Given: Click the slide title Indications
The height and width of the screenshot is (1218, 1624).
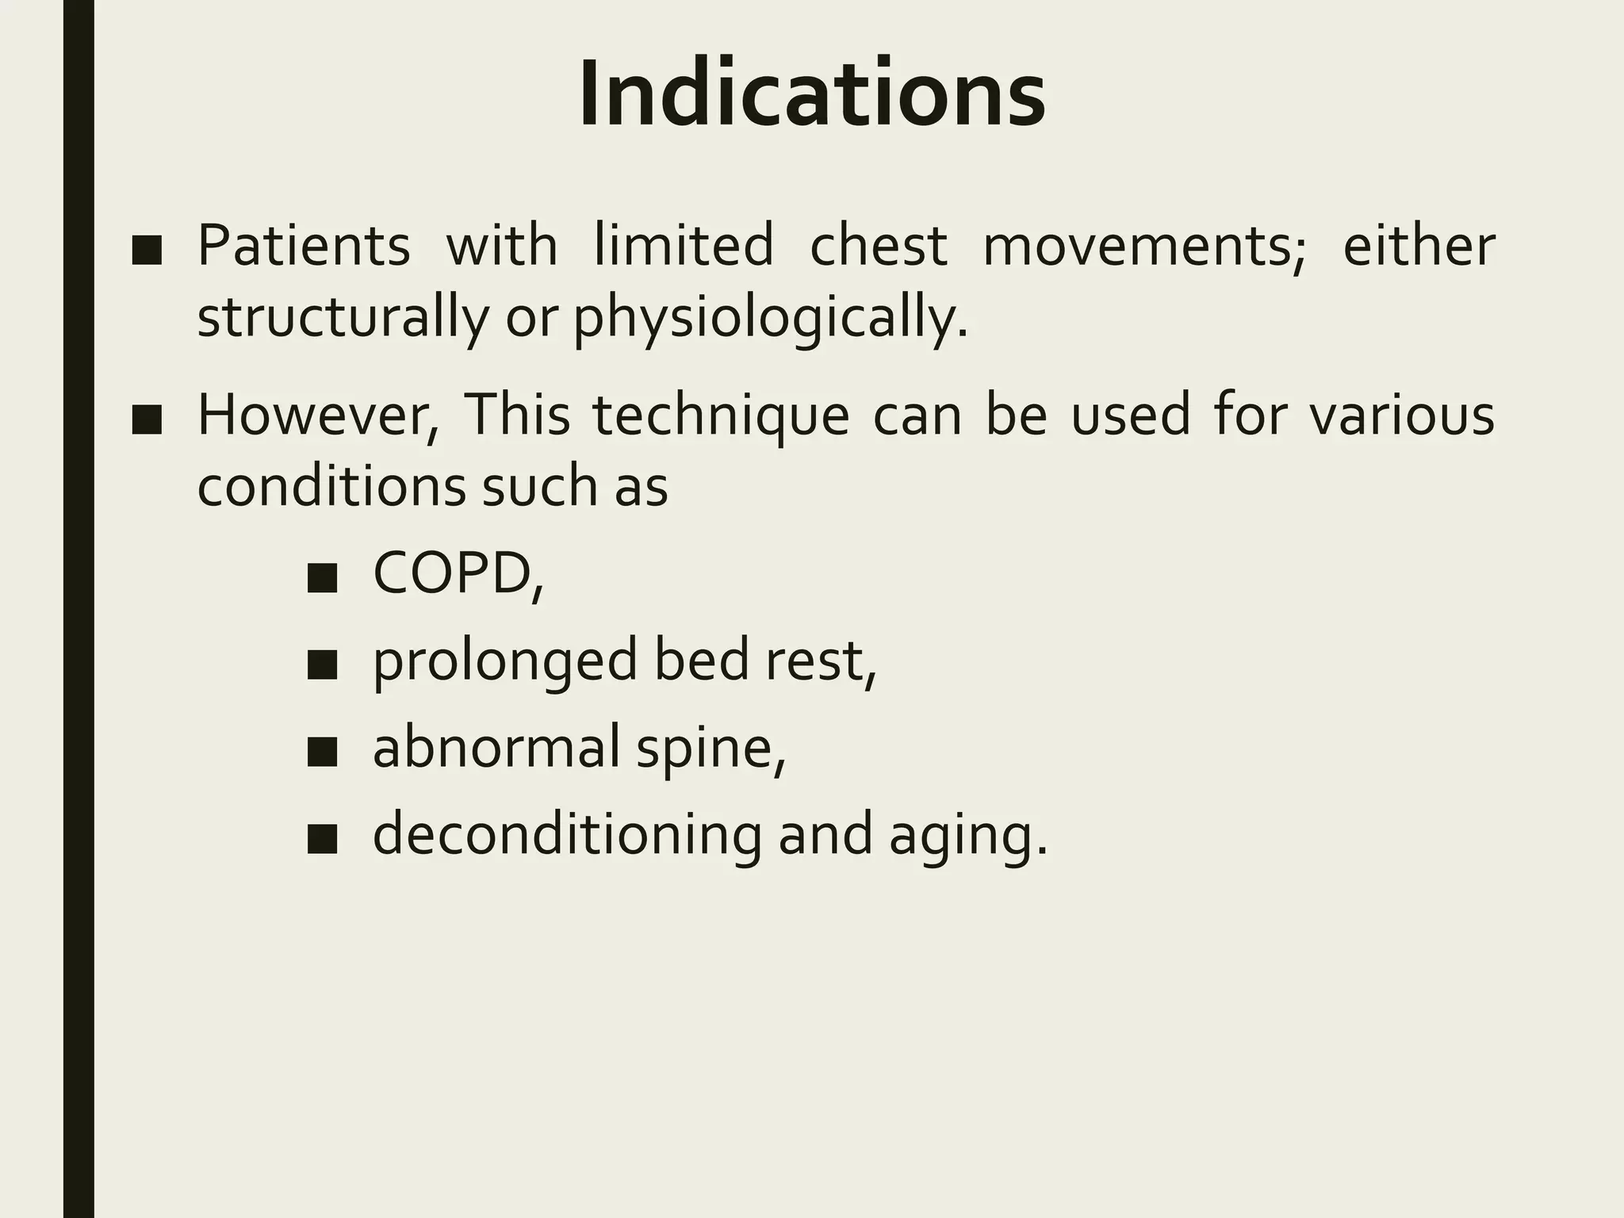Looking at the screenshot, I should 811,94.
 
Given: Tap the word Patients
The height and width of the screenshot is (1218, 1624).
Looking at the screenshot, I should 304,246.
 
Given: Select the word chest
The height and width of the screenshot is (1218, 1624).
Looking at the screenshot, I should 878,246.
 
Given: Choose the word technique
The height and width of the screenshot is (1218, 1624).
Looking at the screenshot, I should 720,416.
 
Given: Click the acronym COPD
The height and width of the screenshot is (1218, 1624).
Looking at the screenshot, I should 453,574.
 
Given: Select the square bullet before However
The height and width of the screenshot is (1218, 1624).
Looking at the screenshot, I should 147,421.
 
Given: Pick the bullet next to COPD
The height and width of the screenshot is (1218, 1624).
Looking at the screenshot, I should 323,580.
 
